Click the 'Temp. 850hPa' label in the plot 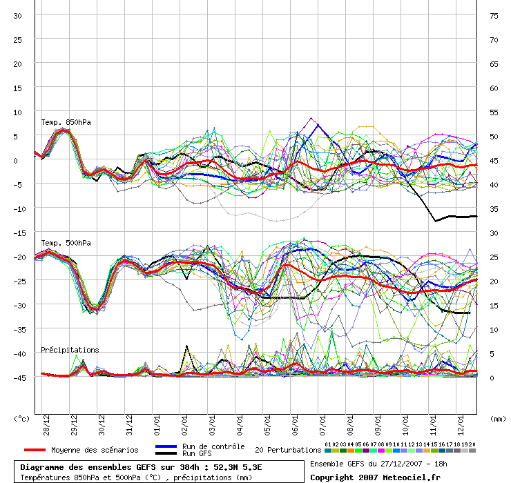coord(66,122)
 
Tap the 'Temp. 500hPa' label coord(66,244)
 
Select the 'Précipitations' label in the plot coord(70,350)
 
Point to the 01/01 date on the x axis coord(157,425)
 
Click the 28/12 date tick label coord(46,425)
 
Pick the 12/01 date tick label coord(461,425)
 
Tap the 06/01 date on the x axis coord(295,425)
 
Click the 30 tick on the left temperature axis coord(17,16)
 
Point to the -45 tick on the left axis coord(19,378)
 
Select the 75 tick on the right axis coord(494,16)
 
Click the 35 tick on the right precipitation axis coord(494,209)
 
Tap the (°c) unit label coord(21,419)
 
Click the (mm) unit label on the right coord(498,419)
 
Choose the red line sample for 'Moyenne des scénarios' coord(35,450)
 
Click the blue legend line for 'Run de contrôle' coord(166,446)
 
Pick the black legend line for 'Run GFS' coord(166,453)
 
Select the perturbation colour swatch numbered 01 coord(328,451)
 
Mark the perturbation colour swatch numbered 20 coord(472,451)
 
